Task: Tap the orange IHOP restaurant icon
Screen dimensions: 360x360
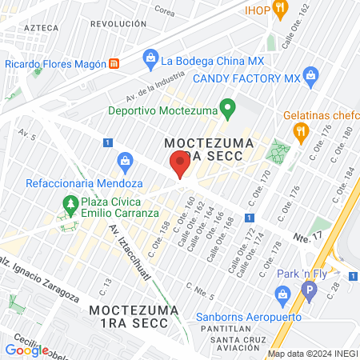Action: tap(280, 10)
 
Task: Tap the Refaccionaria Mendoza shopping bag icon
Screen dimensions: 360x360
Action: tap(126, 161)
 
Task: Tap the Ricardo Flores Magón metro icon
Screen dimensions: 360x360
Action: tap(114, 63)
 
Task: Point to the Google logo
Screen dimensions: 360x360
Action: tap(26, 350)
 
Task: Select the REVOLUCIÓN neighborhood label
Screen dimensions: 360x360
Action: tap(118, 25)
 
